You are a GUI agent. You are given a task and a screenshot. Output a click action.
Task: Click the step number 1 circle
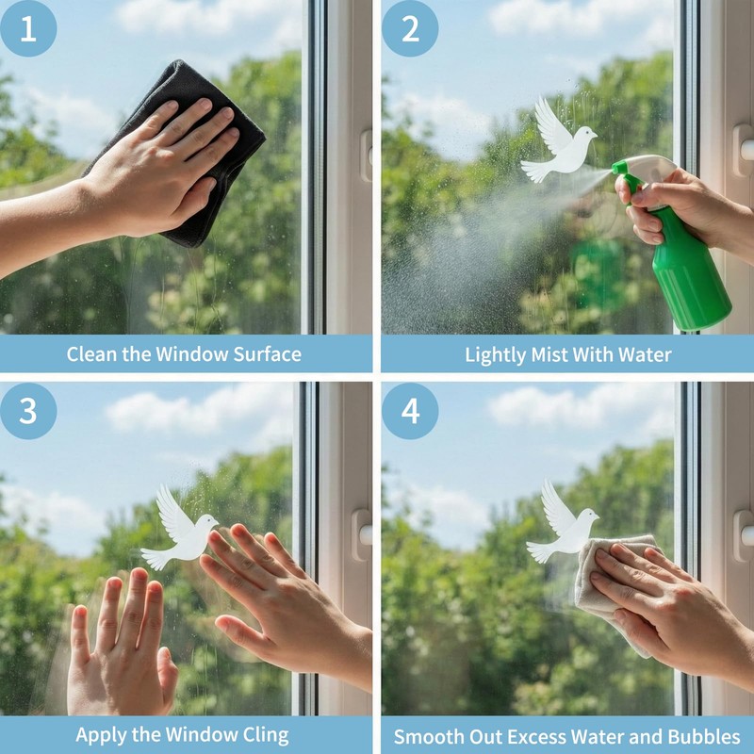[x=28, y=28]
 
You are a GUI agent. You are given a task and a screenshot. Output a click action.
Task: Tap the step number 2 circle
[x=410, y=28]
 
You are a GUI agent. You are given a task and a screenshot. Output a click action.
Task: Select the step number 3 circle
[x=28, y=411]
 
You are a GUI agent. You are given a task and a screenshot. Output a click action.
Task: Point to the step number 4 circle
[x=410, y=411]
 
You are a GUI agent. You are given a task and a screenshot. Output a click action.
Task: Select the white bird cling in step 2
[x=558, y=142]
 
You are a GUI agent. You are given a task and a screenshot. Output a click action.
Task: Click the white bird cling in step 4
[x=563, y=524]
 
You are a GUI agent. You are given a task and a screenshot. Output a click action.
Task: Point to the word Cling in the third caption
[x=266, y=736]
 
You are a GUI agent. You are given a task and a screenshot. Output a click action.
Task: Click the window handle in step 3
[x=363, y=534]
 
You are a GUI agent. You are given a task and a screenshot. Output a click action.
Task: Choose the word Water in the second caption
[x=645, y=355]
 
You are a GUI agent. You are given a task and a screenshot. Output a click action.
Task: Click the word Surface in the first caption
[x=268, y=354]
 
